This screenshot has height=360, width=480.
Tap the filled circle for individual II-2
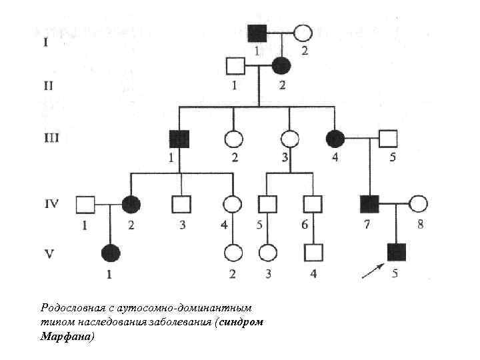click(x=282, y=65)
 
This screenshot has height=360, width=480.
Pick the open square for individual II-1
click(x=235, y=66)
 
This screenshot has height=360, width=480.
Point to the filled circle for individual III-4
click(x=335, y=139)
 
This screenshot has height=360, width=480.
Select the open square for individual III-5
click(x=388, y=139)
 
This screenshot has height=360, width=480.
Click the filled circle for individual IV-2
click(x=131, y=203)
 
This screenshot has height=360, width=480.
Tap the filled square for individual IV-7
click(x=369, y=203)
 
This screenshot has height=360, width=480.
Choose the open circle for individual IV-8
click(x=418, y=203)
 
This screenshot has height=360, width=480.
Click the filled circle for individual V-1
click(x=110, y=253)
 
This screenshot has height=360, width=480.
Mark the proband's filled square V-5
click(x=396, y=253)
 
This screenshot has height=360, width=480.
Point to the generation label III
click(x=51, y=138)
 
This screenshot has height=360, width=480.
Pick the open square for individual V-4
click(x=313, y=253)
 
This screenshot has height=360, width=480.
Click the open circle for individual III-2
click(x=234, y=139)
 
